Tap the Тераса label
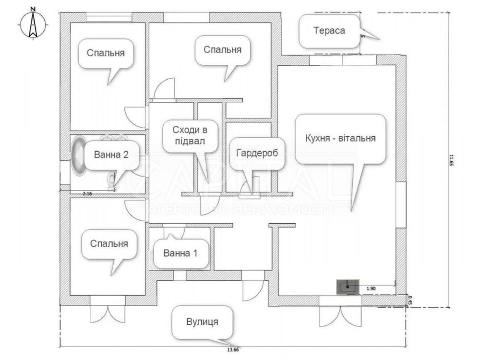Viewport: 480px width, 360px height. [x=329, y=30]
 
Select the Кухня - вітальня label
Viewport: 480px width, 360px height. [x=340, y=138]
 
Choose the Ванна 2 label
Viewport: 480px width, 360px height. [x=111, y=155]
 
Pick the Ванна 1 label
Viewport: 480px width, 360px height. [x=180, y=253]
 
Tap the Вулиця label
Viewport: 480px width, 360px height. [x=202, y=322]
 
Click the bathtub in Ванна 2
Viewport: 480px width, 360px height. [x=78, y=156]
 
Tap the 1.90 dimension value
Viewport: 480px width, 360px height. [x=371, y=288]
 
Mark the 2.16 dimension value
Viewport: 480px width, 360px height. [x=87, y=194]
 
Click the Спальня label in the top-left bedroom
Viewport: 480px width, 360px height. [x=106, y=53]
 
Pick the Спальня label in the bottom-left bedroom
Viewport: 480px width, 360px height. [x=109, y=243]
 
